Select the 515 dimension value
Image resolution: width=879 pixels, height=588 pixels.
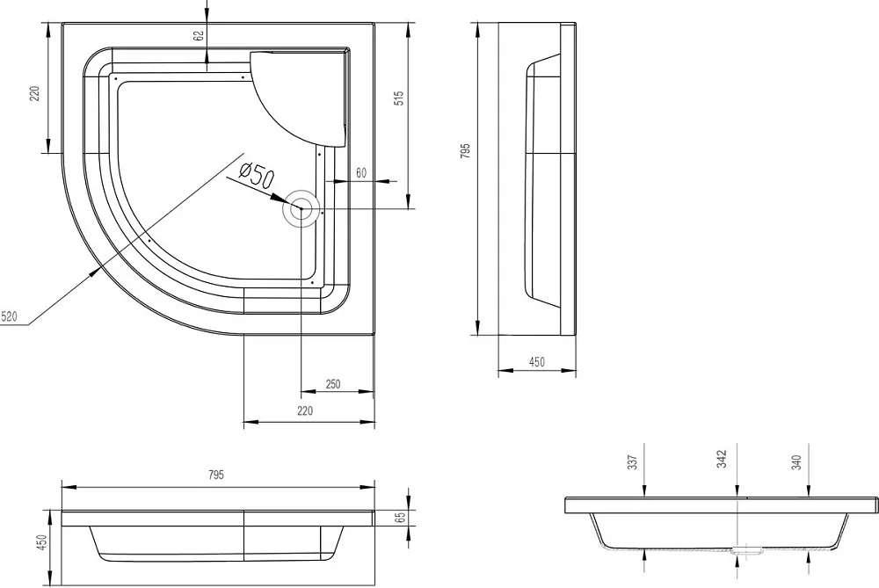398,98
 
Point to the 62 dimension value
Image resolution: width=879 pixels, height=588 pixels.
198,36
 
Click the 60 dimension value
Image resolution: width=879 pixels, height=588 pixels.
361,172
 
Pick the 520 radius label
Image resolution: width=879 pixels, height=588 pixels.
9,316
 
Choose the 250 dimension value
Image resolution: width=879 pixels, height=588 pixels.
333,384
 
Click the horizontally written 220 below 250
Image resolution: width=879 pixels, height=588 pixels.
305,410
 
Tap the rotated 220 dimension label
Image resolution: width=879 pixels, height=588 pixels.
35,93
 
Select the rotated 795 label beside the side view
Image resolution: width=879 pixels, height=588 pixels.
465,150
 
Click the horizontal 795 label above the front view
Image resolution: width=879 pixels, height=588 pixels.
216,475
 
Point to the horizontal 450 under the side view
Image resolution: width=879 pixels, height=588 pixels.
536,362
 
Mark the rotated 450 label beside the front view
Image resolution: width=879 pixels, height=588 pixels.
41,542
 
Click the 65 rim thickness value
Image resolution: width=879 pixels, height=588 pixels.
400,518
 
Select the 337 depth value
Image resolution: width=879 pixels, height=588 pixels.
633,462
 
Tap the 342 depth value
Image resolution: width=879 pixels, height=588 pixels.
722,459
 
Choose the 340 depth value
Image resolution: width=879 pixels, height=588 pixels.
797,462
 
